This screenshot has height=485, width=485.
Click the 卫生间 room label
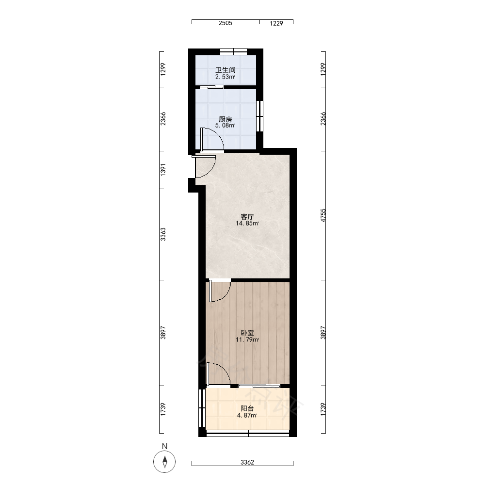click(225, 70)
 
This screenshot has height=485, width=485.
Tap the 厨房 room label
click(225, 119)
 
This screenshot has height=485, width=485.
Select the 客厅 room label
click(247, 216)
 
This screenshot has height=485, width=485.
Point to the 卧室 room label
click(247, 333)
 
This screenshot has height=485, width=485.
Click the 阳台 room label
click(247, 408)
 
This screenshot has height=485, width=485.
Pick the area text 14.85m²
click(247, 223)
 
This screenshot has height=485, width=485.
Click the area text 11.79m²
click(247, 339)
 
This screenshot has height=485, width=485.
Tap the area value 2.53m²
click(225, 77)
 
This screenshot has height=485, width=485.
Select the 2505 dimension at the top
click(225, 23)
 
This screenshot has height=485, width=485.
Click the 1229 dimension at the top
click(276, 23)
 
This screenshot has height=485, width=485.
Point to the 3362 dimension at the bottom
click(247, 462)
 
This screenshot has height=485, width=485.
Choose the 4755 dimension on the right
click(323, 215)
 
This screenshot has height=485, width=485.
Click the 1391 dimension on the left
click(163, 170)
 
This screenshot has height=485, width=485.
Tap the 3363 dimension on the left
click(163, 234)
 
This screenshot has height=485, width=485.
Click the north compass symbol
click(164, 462)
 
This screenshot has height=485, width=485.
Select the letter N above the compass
click(164, 446)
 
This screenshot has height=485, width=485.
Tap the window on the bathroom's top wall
click(234, 51)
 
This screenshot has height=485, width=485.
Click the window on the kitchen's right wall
click(260, 116)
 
